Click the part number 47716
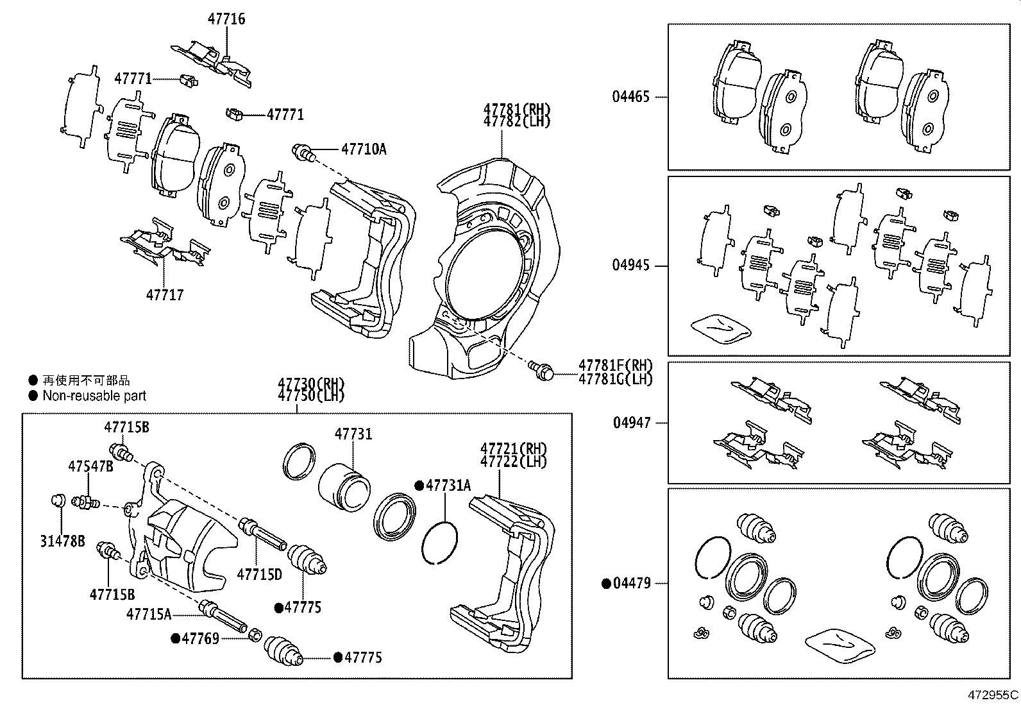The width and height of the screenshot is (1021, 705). point(226,19)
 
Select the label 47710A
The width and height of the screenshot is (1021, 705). point(364,149)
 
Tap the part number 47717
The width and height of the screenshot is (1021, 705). point(165,295)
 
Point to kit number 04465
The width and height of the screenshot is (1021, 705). point(630,97)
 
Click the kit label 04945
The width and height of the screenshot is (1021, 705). point(630,266)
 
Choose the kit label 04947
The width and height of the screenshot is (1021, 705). point(631,423)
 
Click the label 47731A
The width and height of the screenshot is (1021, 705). point(448,486)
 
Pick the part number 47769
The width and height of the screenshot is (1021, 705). point(200,638)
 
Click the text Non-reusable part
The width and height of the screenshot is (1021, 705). point(94,396)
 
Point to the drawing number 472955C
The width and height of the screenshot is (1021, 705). point(993,695)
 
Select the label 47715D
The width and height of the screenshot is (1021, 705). point(259,574)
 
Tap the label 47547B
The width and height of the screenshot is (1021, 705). point(90,466)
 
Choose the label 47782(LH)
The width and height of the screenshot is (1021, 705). point(517,121)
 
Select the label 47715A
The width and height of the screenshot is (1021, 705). point(149,614)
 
